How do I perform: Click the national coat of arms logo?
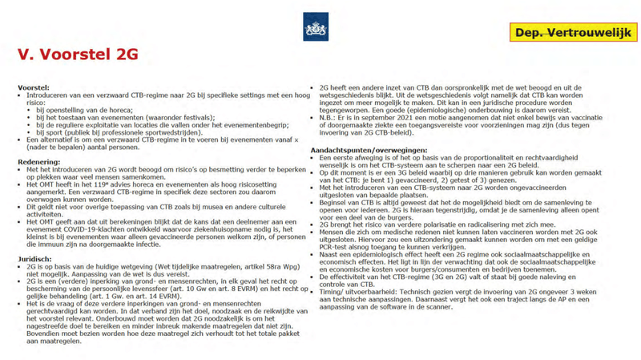click(x=316, y=27)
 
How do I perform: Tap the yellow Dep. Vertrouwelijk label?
click(x=573, y=33)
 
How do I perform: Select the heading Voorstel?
click(x=34, y=87)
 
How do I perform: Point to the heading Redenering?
click(x=39, y=162)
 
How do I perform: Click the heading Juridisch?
click(x=34, y=259)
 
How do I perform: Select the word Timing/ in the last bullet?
click(x=331, y=292)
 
